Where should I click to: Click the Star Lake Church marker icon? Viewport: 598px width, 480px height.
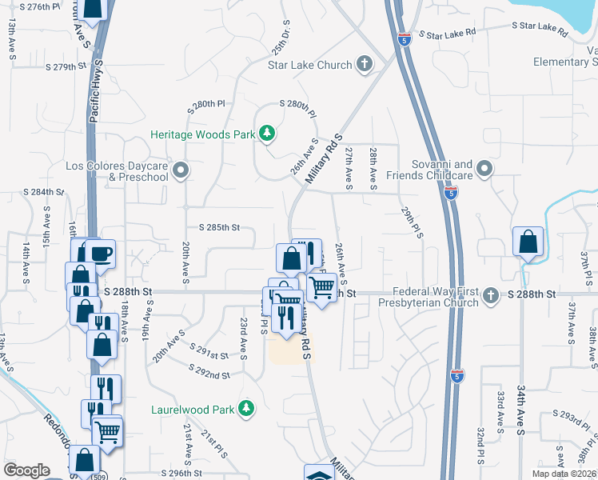tap(365, 64)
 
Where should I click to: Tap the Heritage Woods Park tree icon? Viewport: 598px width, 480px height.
tap(266, 134)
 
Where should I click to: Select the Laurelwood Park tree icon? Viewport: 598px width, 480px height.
tap(247, 410)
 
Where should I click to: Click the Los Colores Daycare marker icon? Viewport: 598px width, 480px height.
tap(181, 170)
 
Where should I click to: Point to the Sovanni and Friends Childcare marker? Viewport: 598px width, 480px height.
tap(484, 169)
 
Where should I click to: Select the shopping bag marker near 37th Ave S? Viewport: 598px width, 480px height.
tap(528, 242)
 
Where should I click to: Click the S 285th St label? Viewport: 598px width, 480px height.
tap(213, 228)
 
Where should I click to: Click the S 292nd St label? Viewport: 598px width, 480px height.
tap(209, 372)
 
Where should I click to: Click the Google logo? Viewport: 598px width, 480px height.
tap(26, 470)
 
